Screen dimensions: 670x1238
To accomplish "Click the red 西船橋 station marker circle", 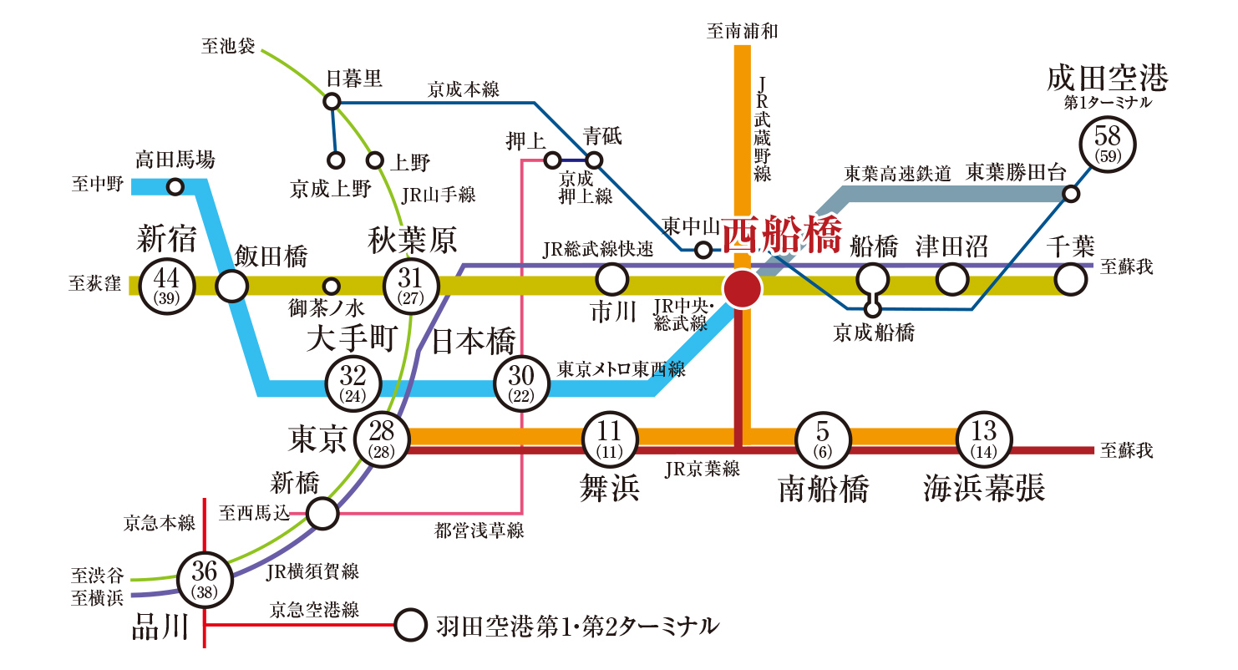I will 743,288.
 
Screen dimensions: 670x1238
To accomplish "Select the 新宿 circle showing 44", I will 167,285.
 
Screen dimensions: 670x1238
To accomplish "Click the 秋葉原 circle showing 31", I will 410,285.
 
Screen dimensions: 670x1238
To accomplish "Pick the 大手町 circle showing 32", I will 353,383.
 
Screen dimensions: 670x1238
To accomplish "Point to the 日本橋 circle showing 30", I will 521,383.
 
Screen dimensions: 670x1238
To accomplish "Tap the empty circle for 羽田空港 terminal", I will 410,625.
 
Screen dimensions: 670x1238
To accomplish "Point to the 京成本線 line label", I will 464,89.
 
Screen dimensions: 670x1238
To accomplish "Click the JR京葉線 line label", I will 703,469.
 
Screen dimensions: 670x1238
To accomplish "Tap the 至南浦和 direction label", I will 743,32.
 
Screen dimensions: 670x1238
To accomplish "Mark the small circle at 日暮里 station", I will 332,102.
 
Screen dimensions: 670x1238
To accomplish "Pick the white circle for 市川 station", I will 611,279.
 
